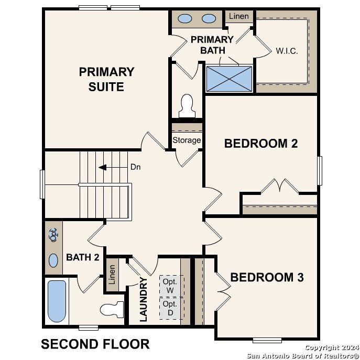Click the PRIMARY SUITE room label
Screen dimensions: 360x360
tap(106, 79)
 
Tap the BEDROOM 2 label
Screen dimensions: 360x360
tap(261, 143)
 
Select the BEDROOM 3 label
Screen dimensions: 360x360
tap(267, 277)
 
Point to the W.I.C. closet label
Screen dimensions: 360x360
tap(287, 51)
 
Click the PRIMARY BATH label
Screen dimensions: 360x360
tap(212, 45)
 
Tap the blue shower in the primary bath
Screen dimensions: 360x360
tap(229, 78)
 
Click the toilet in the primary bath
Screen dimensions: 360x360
tap(187, 106)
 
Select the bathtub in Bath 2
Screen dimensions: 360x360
tap(57, 301)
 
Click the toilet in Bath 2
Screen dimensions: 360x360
tap(112, 309)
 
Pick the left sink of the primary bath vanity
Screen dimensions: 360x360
tap(184, 19)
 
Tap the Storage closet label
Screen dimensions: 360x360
tap(187, 140)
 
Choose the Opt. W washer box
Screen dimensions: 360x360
tap(170, 286)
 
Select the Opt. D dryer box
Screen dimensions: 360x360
tap(170, 308)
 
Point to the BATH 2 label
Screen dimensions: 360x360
tap(82, 257)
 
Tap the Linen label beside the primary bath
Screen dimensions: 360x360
tap(238, 16)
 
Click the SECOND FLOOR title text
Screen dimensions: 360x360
tap(95, 344)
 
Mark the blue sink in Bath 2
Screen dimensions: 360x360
tap(53, 260)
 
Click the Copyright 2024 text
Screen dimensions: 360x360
tap(331, 347)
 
